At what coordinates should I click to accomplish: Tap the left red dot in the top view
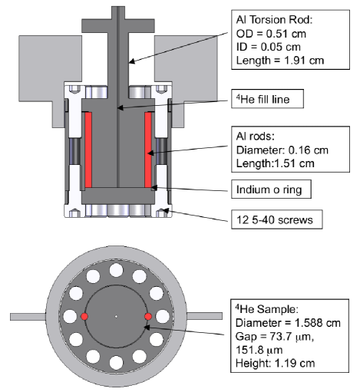[x=84, y=316]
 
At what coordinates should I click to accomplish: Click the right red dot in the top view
[x=147, y=316]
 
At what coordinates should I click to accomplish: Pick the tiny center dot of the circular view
[x=115, y=316]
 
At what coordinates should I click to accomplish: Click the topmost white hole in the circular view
[x=115, y=270]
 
